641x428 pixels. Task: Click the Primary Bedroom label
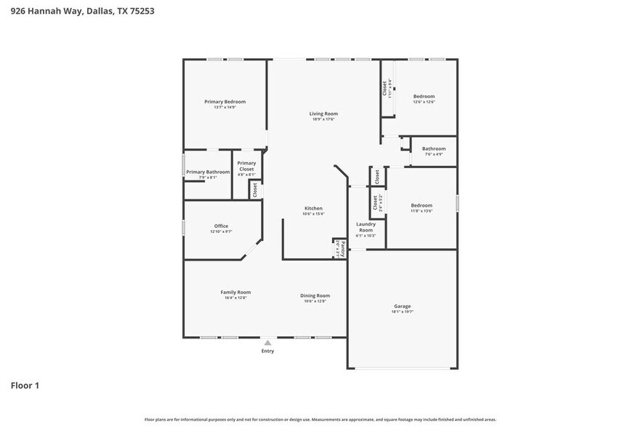225,102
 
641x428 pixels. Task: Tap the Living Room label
323,114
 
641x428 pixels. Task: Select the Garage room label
403,306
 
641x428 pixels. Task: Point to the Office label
221,226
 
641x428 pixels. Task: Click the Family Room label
235,292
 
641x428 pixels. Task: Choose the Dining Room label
315,296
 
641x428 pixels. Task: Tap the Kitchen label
313,208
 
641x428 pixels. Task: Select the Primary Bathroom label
208,172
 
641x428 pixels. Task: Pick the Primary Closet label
246,166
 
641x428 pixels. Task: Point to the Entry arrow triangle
267,342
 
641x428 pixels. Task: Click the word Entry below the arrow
267,352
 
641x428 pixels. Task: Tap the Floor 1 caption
25,385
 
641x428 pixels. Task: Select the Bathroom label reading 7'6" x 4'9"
433,148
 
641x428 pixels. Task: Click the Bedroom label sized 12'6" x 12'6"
424,97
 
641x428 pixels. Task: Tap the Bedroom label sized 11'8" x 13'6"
421,205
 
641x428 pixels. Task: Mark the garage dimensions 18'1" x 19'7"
403,312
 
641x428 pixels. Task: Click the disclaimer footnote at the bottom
320,419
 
